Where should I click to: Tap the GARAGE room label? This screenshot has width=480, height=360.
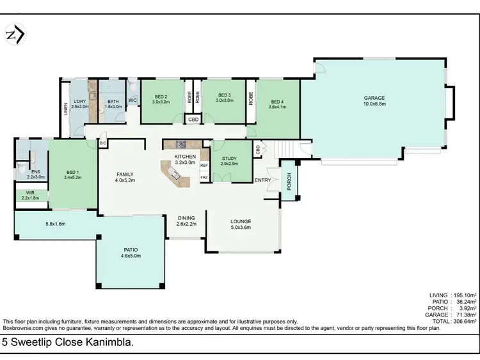coord(374,98)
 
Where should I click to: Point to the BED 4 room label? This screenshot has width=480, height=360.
coord(277,102)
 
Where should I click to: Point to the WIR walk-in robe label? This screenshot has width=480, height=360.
coord(30,192)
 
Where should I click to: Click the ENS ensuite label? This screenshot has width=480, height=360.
coord(36,171)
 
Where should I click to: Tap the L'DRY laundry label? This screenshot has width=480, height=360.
coord(80,102)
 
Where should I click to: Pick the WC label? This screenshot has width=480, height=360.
coord(132,100)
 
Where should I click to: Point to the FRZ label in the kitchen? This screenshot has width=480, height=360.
coord(204,177)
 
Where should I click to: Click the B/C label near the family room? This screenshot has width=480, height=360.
coord(102,143)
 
